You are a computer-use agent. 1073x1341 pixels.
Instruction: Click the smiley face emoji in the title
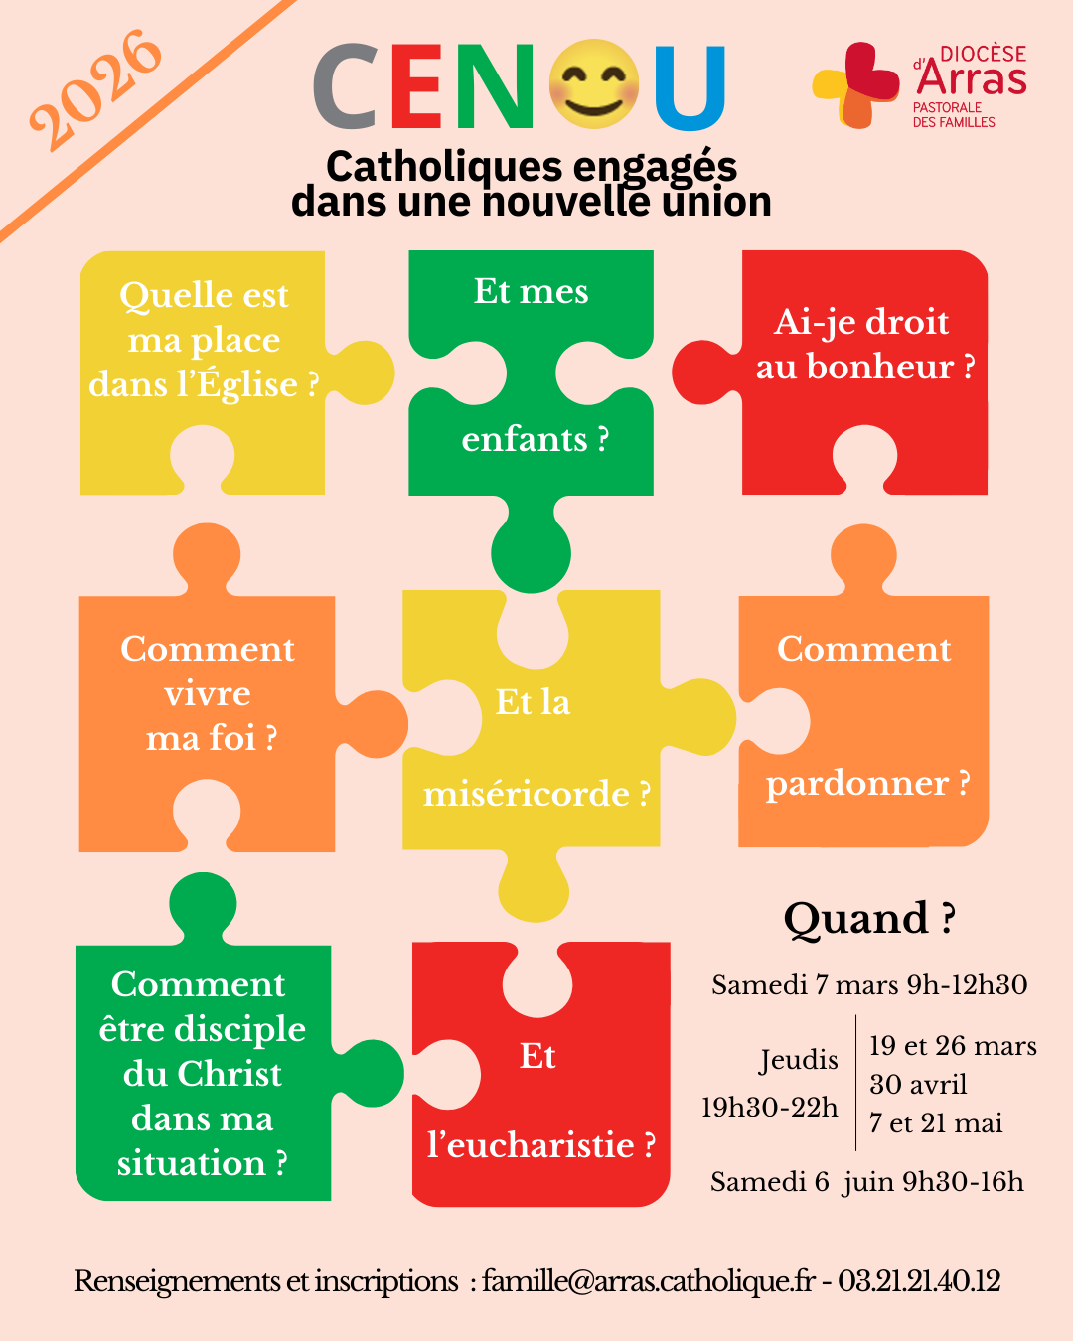pyautogui.click(x=593, y=85)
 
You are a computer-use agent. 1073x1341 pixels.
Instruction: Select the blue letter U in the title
pyautogui.click(x=690, y=87)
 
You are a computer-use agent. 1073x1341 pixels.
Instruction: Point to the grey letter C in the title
pyautogui.click(x=344, y=87)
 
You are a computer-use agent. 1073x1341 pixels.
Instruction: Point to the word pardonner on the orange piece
pyautogui.click(x=856, y=784)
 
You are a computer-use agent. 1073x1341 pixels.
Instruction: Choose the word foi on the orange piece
pyautogui.click(x=233, y=738)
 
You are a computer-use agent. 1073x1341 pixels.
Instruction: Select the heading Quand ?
pyautogui.click(x=869, y=919)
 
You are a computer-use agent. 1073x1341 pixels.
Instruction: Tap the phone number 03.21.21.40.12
pyautogui.click(x=919, y=1281)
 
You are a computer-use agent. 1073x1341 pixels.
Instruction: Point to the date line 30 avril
pyautogui.click(x=918, y=1084)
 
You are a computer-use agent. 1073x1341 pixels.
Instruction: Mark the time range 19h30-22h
pyautogui.click(x=770, y=1107)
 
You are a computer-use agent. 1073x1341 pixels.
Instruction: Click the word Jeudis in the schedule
pyautogui.click(x=799, y=1060)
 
